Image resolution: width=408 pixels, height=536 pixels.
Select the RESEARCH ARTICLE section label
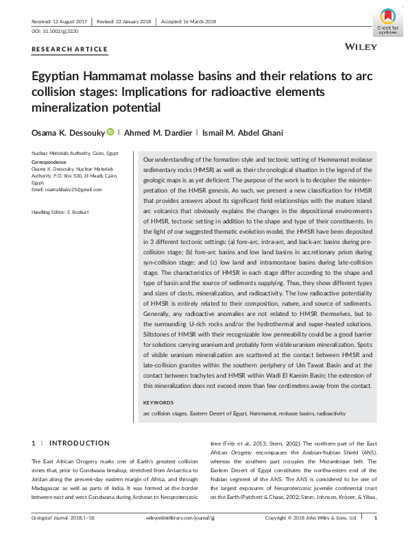pos(70,49)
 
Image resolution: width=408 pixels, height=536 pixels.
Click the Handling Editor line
pos(65,212)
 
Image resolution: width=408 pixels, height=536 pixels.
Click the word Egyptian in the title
pos(62,77)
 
